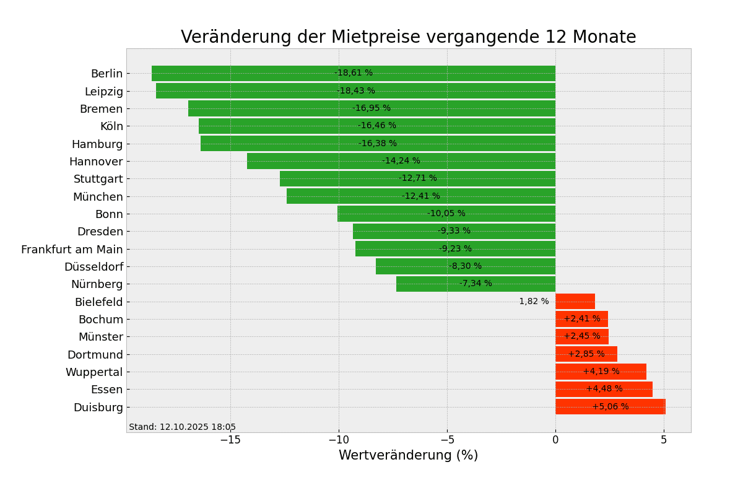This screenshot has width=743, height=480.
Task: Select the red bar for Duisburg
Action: click(610, 407)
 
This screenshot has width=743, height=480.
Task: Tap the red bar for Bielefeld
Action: click(575, 302)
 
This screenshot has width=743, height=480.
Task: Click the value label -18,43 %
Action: click(355, 91)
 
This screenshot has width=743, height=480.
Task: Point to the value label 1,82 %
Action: click(534, 302)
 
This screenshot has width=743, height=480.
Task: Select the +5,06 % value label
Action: click(610, 407)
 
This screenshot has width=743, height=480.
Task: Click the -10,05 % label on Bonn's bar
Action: click(446, 214)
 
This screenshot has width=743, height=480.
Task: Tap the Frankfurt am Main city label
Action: click(72, 250)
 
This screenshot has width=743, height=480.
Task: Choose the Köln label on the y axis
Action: click(111, 126)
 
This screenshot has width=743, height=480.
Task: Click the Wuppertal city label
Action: click(94, 372)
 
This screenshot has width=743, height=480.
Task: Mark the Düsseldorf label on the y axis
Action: click(93, 267)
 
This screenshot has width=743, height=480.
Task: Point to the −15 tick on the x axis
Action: click(230, 440)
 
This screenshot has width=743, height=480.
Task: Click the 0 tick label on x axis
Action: click(555, 440)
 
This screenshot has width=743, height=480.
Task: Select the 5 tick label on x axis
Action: click(664, 440)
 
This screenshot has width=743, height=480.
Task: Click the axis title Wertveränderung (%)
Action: click(408, 456)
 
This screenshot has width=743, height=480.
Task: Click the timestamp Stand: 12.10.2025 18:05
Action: click(182, 427)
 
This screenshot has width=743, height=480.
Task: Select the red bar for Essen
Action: click(604, 390)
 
